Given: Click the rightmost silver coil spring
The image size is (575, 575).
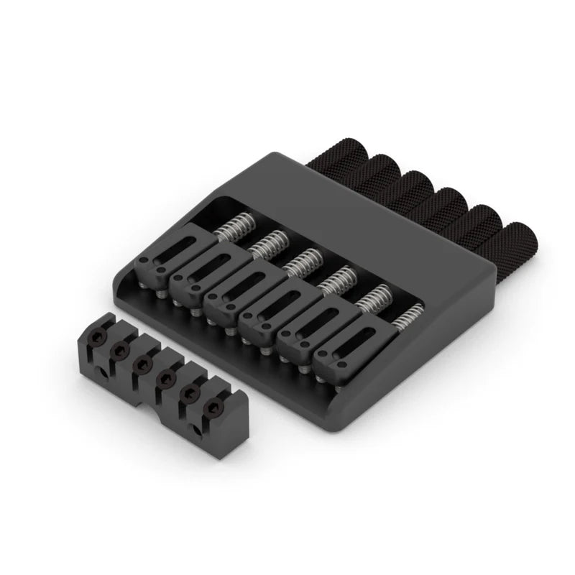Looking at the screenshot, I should [x=408, y=315].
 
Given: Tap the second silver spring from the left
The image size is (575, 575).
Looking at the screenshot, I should [x=267, y=244].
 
